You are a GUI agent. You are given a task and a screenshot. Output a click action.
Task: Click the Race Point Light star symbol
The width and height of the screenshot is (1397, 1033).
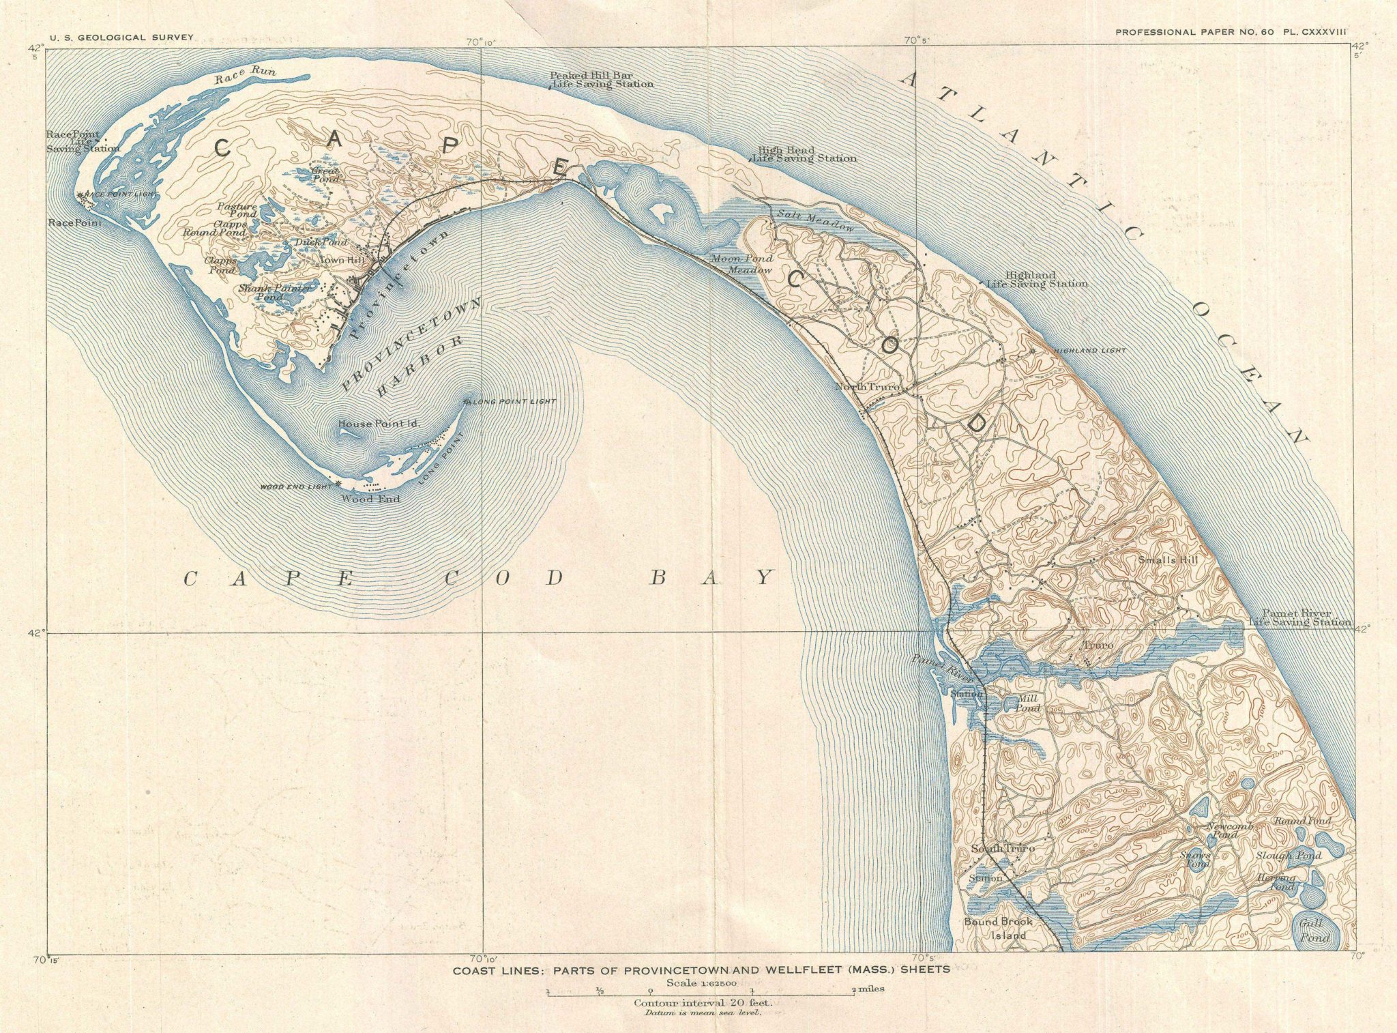pyautogui.click(x=81, y=196)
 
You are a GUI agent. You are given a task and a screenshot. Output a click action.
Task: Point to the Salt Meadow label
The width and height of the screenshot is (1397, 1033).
pyautogui.click(x=816, y=222)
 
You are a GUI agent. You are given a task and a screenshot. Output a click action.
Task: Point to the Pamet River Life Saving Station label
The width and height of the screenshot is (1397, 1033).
pyautogui.click(x=1299, y=617)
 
